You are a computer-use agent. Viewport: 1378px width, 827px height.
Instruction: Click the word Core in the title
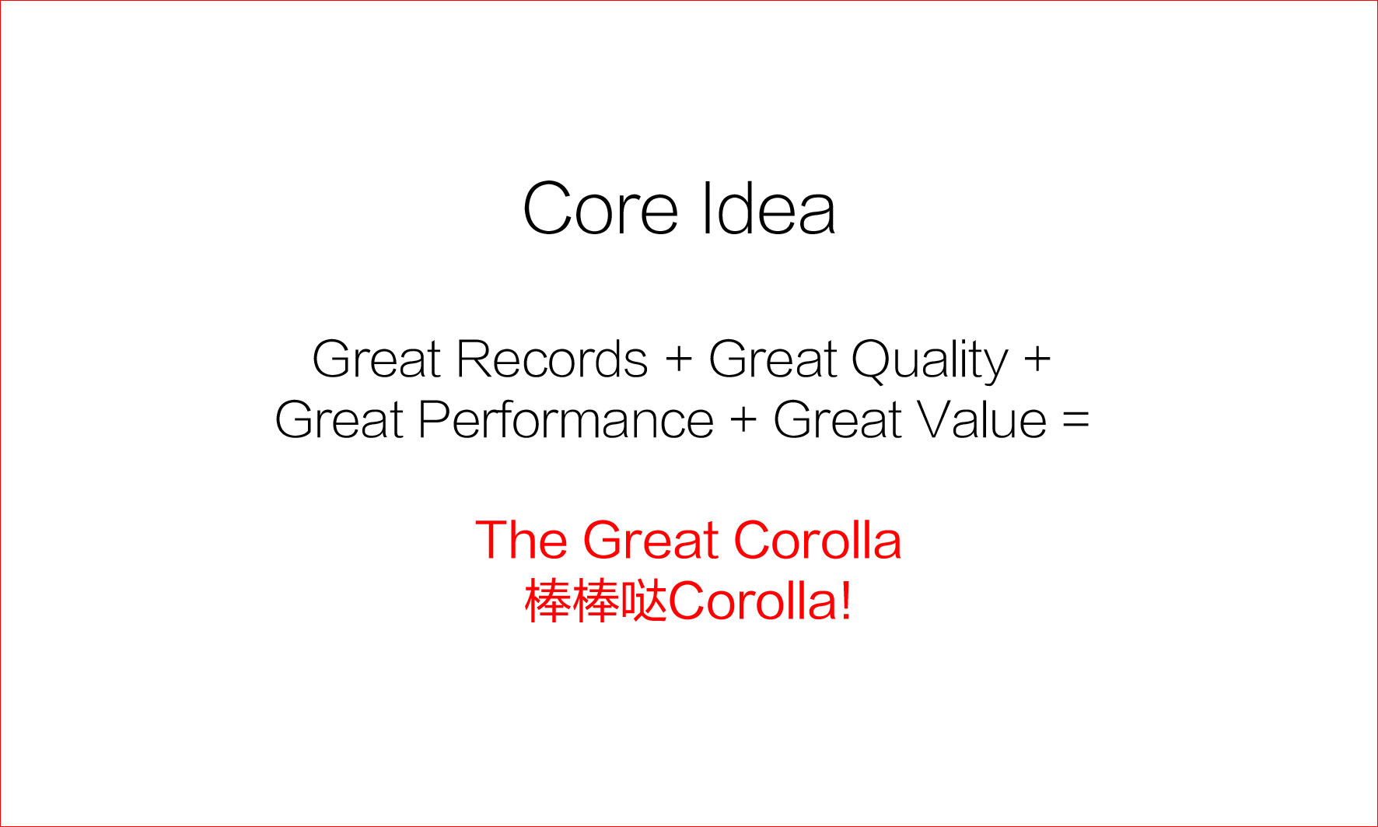click(600, 209)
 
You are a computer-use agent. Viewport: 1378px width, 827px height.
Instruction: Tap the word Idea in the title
click(768, 208)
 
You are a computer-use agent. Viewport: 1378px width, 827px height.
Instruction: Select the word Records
click(552, 359)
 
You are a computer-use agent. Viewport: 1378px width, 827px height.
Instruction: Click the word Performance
click(566, 420)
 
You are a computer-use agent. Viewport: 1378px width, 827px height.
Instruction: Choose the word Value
click(981, 420)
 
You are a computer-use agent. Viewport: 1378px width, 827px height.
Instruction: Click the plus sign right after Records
click(679, 360)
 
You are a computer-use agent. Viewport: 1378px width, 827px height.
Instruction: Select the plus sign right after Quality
click(1037, 360)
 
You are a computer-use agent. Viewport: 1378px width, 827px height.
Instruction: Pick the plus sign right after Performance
click(743, 421)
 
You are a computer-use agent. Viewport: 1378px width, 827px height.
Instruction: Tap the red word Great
click(651, 540)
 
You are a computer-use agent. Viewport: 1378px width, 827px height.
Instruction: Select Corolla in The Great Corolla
click(817, 540)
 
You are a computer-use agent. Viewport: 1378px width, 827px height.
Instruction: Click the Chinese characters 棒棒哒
click(596, 601)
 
